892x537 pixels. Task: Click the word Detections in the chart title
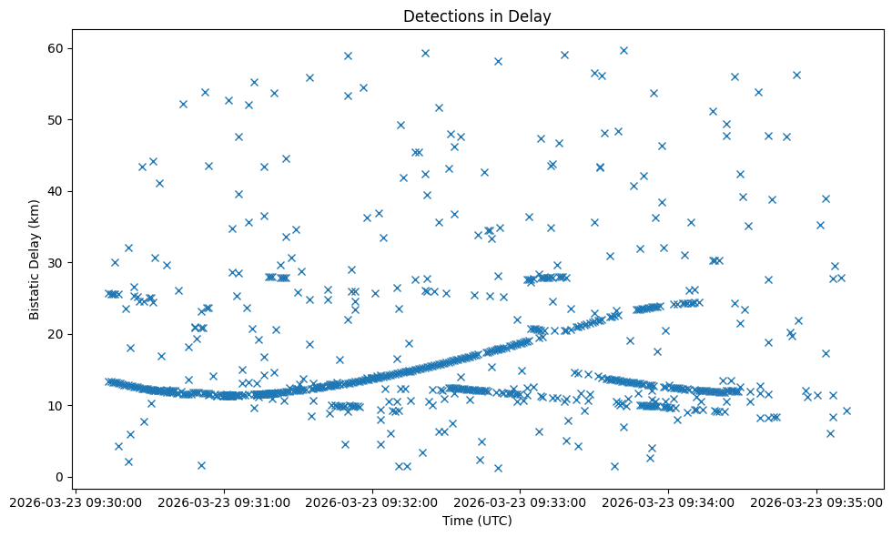[x=439, y=16]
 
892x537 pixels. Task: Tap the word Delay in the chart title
[x=532, y=16]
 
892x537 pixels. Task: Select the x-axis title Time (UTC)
[x=477, y=521]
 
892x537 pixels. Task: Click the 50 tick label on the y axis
[x=61, y=119]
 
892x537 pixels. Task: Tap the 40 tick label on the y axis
[x=61, y=191]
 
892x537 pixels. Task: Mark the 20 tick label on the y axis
[x=61, y=334]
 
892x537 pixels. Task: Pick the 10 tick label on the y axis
[x=61, y=405]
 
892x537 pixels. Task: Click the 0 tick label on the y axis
[x=65, y=477]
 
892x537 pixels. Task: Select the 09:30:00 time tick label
[x=76, y=502]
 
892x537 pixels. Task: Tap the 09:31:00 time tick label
[x=224, y=502]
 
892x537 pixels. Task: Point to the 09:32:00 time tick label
[x=372, y=502]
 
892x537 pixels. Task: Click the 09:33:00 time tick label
[x=521, y=502]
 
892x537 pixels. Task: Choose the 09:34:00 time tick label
[x=669, y=502]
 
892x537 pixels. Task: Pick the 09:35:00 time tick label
[x=817, y=502]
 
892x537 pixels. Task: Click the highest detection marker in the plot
[x=623, y=50]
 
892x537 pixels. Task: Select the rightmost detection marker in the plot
[x=846, y=410]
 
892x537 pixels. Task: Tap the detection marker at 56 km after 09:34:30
[x=796, y=75]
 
